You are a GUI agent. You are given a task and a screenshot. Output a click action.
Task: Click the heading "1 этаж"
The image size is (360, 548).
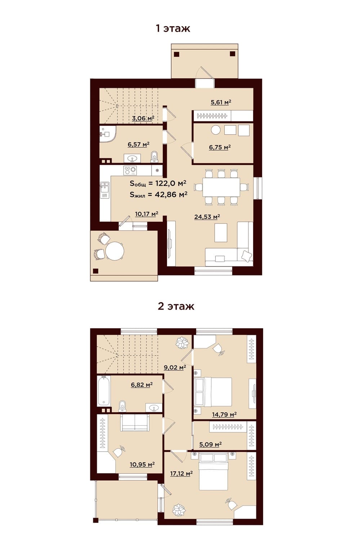[x=173, y=28]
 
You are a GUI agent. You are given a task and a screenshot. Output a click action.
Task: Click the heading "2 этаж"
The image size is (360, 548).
[x=176, y=306]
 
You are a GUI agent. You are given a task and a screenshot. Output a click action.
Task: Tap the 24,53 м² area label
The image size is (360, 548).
[x=207, y=217]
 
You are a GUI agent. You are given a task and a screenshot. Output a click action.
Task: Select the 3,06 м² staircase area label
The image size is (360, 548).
[x=143, y=118]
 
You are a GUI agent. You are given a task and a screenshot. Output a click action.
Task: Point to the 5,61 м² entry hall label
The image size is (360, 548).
[x=221, y=102]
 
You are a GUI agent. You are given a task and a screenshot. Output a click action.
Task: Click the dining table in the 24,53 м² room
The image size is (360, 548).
[x=221, y=187]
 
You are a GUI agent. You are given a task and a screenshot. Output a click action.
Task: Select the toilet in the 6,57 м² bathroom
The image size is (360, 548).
[x=154, y=156]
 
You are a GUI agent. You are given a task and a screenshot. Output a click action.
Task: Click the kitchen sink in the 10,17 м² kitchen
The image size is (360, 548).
[x=104, y=188]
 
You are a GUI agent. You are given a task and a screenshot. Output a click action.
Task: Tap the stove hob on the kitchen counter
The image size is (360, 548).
[x=130, y=170]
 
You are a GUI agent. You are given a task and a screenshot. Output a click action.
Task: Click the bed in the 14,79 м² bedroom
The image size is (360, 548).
[x=213, y=392]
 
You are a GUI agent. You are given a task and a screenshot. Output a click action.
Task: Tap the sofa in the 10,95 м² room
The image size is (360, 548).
[x=135, y=423]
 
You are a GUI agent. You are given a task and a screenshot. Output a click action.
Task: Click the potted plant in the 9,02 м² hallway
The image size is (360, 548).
[x=182, y=342]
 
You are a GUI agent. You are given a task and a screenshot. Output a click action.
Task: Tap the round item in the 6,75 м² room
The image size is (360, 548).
[x=216, y=130]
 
